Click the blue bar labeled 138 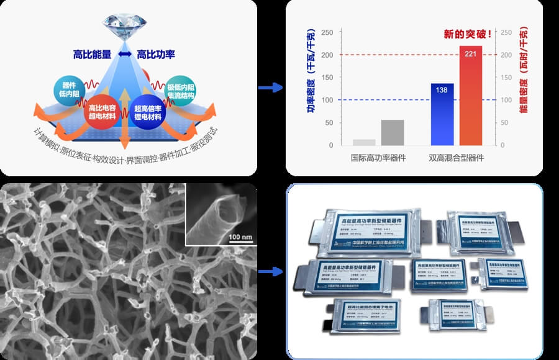click(x=442, y=114)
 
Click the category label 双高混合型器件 click(x=457, y=158)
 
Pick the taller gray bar click(x=393, y=132)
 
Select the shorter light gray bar click(x=364, y=142)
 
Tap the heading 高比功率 click(x=156, y=55)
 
